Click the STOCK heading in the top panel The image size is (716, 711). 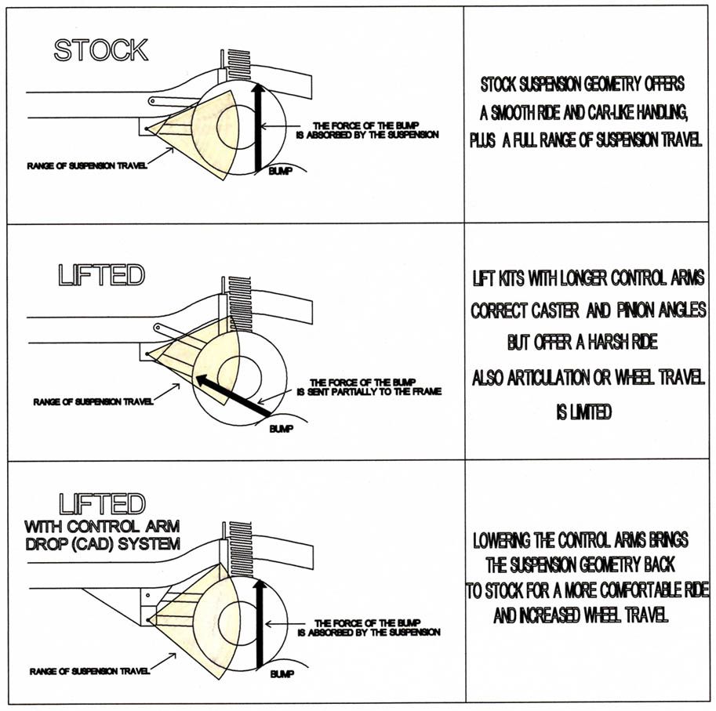100,49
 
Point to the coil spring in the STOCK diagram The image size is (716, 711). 238,60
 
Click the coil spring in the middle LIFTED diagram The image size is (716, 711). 235,301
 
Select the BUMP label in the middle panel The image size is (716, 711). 280,429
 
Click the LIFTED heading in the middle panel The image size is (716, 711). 102,275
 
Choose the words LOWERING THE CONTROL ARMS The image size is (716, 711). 565,541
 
